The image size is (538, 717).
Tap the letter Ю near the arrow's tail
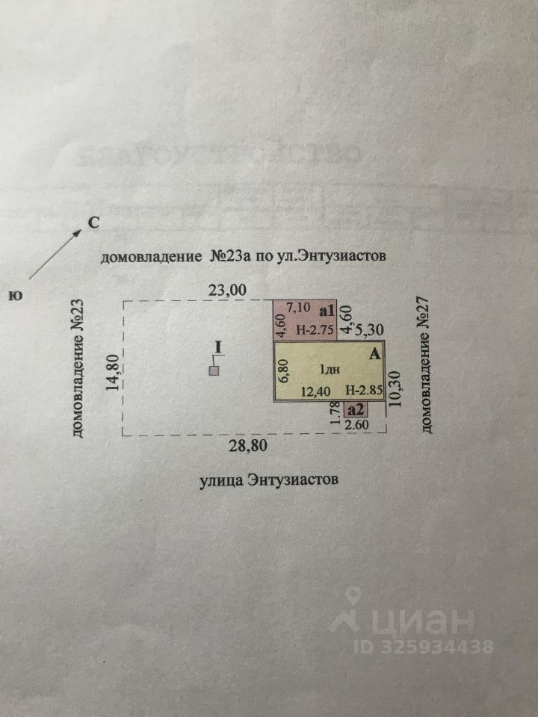click(x=15, y=295)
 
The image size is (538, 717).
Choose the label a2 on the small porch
click(x=356, y=409)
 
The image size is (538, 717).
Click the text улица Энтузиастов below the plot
click(x=269, y=479)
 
